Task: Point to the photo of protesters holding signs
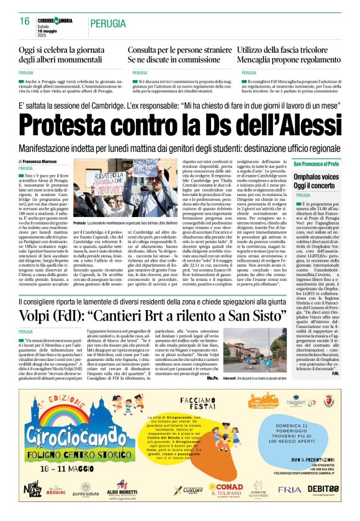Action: tap(125, 189)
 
